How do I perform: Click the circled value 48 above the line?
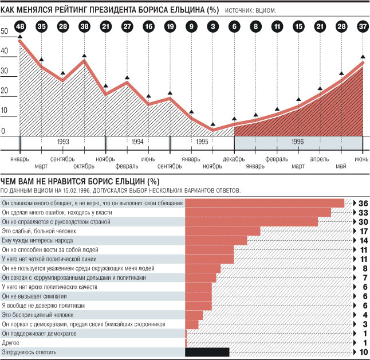coord(20,26)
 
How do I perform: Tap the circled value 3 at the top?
coord(212,26)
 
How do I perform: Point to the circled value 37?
coord(363,26)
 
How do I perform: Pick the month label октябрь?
coord(84,166)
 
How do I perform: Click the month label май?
coord(341,166)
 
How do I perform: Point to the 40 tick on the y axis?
coord(5,51)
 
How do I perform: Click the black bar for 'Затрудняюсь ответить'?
coord(207,352)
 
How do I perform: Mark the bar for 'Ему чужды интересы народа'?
coord(217,241)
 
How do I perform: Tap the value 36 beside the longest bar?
coord(363,203)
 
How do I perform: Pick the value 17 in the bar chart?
coord(363,231)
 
